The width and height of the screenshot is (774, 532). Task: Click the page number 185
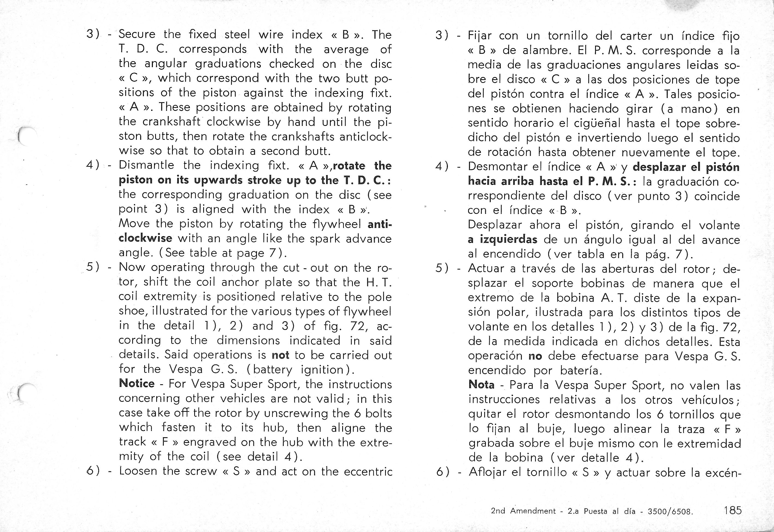click(732, 510)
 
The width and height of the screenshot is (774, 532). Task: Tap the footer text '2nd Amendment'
click(523, 511)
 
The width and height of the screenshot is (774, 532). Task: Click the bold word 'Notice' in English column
click(136, 383)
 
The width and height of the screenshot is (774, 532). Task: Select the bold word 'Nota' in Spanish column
click(481, 385)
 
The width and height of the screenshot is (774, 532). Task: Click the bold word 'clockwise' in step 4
click(145, 238)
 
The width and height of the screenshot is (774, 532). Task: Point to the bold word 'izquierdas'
click(508, 239)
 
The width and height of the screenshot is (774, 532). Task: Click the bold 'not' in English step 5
click(280, 355)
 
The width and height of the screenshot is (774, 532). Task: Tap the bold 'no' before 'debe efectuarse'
click(535, 356)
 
